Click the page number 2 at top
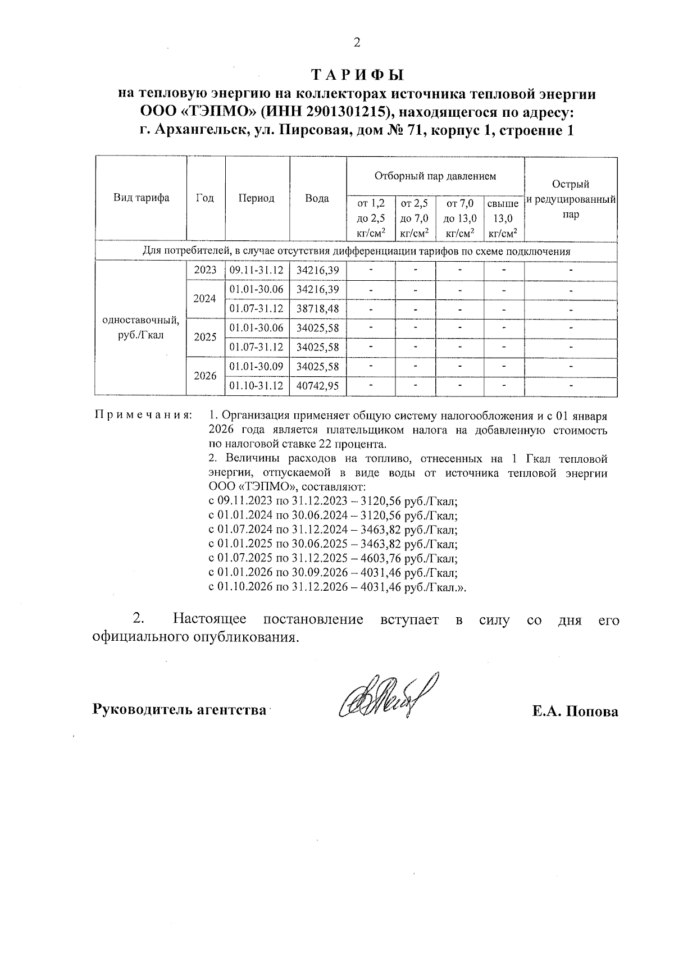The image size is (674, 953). pos(356,43)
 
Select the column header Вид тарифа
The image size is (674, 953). pos(141,198)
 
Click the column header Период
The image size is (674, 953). pos(257,198)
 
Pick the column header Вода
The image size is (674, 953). pos(317,198)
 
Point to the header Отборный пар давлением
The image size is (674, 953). pos(435,176)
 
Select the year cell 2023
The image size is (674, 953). pos(206,270)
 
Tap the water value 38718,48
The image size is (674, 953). pos(318,309)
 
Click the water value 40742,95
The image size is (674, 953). pos(318,386)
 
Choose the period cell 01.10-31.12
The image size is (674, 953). pos(257,386)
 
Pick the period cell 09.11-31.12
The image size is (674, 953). pos(257,270)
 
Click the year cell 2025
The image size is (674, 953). pos(206,337)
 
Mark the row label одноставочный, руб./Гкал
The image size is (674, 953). pos(141,328)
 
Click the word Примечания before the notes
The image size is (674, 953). pos(143,416)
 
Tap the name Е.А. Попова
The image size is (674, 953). pos(575,712)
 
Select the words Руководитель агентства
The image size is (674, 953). pos(179,710)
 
